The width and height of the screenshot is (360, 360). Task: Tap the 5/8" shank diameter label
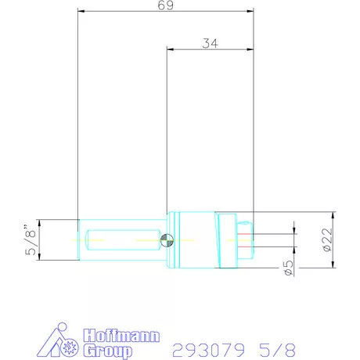coord(30,240)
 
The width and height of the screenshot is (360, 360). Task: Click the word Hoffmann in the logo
coord(121,336)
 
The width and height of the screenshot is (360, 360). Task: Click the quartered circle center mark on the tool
coord(165,239)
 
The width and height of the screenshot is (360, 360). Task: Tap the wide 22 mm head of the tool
coord(227,239)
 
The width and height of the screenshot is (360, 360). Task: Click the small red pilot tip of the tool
coord(250,239)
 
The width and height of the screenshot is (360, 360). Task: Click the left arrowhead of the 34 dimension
coord(169,51)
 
